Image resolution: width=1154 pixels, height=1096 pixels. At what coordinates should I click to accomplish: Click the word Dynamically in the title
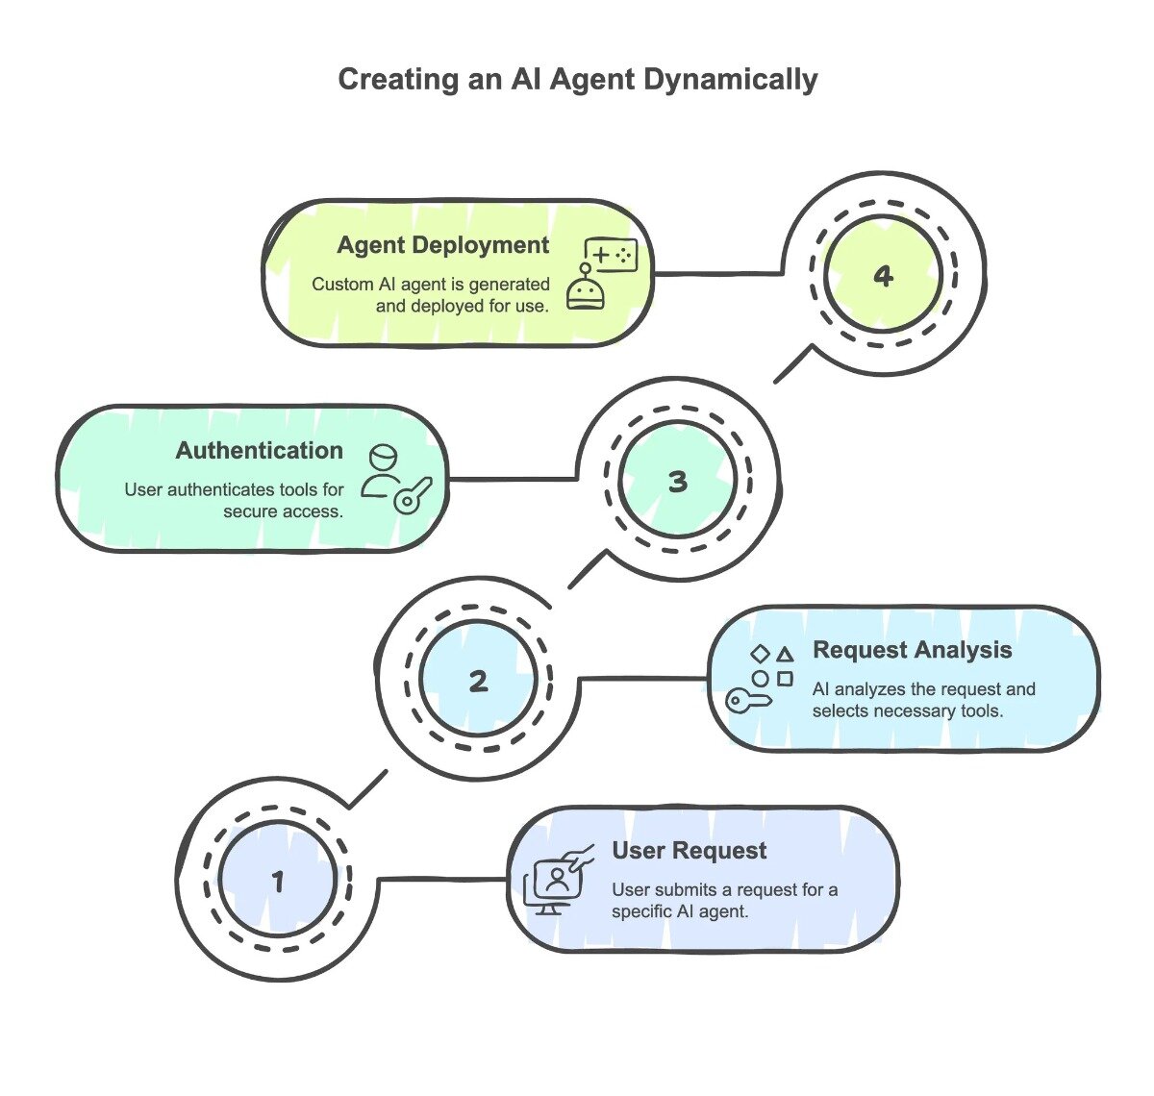730,80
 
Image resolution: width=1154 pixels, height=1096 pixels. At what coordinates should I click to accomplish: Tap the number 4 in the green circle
883,277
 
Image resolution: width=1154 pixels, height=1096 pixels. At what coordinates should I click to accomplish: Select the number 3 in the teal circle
678,481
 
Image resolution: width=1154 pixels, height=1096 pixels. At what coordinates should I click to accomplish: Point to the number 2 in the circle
478,682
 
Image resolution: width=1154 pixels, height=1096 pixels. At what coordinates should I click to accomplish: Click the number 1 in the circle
278,881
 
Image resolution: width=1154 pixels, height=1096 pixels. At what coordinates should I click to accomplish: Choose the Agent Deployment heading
442,245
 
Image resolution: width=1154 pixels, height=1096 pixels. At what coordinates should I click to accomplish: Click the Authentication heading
259,450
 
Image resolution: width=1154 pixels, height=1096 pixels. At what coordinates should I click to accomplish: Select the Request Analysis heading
912,650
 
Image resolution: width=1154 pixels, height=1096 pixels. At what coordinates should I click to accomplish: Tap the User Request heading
690,851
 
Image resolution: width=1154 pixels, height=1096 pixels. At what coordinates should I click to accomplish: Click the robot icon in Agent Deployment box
586,289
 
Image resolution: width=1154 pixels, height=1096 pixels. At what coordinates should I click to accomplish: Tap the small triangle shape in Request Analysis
786,654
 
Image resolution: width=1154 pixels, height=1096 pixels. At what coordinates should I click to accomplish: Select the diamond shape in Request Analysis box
760,654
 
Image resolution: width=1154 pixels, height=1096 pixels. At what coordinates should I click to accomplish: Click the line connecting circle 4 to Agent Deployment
716,274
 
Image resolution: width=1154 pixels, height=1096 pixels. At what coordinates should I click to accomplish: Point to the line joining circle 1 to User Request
442,878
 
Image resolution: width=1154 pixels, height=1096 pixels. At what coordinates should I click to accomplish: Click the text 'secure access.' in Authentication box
283,511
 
